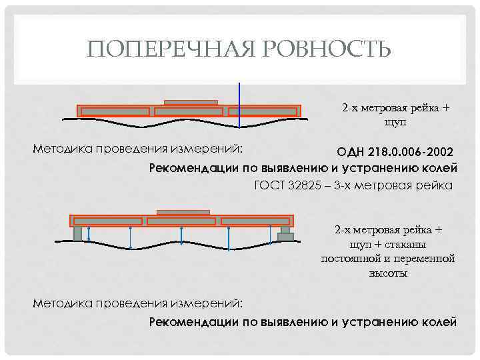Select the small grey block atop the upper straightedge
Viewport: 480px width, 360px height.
coord(191,103)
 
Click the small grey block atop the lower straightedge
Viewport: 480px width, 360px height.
coord(182,213)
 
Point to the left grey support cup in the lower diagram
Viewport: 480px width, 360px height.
coord(77,233)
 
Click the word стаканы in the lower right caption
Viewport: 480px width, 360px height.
coord(413,244)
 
